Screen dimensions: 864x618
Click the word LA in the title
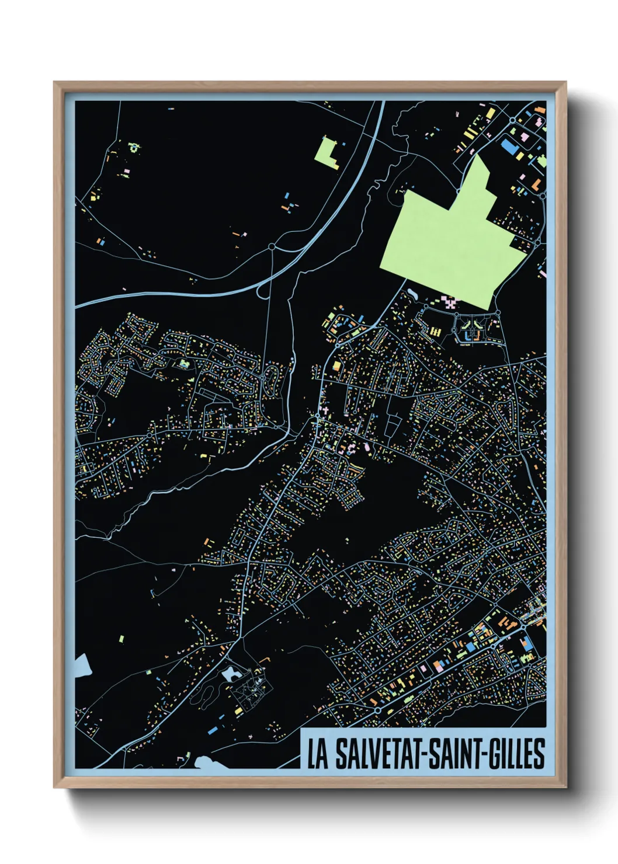318,754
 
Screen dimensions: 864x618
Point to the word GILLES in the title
517,754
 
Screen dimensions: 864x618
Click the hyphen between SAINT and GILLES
484,754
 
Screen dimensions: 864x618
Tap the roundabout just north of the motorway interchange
272,247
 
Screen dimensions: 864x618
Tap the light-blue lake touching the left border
81,665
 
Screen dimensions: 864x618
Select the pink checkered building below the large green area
449,302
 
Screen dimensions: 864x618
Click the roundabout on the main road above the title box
378,710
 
